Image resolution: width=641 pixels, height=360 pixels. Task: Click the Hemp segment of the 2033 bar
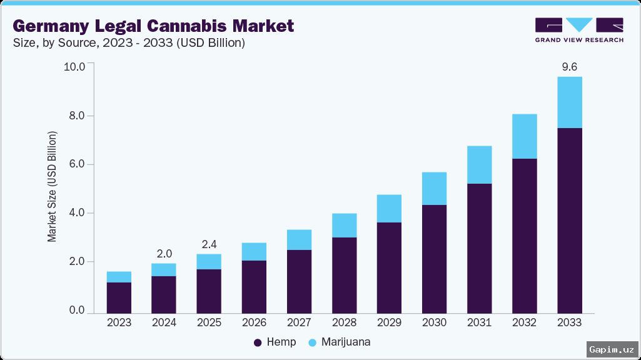tap(569, 220)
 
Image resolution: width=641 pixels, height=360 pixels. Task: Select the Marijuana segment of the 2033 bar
tap(569, 102)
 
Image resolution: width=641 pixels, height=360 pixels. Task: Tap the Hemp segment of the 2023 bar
tap(119, 297)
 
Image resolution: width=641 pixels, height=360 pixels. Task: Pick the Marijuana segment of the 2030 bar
tap(434, 189)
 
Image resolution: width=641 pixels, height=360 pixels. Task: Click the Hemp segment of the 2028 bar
tap(344, 275)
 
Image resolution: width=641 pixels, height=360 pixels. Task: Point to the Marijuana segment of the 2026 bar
tap(254, 252)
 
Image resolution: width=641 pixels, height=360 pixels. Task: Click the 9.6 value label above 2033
tap(569, 66)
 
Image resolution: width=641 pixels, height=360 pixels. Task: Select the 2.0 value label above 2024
tap(164, 253)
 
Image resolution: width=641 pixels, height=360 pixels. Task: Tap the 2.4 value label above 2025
tap(209, 244)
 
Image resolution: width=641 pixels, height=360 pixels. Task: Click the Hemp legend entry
tap(275, 342)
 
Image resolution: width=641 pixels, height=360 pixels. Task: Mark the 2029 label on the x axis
tap(389, 322)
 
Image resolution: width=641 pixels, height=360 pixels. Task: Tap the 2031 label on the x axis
tap(479, 322)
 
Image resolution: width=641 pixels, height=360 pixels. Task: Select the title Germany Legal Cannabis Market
tap(153, 26)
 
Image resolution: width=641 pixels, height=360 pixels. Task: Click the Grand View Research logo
tap(578, 29)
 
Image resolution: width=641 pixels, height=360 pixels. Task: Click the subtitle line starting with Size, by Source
tap(128, 44)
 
